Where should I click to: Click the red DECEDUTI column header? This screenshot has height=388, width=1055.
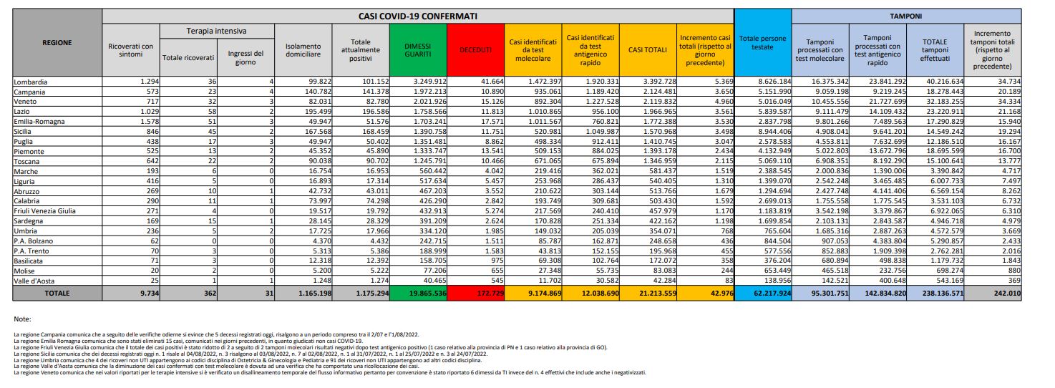[x=475, y=50]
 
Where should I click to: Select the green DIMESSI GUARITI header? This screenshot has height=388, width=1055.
[x=418, y=50]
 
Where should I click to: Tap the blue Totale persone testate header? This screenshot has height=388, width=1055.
[x=762, y=42]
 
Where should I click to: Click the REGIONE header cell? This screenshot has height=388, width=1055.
[x=57, y=42]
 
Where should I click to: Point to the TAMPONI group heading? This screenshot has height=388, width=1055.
[x=905, y=16]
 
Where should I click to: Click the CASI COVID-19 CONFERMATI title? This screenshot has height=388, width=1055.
[x=418, y=16]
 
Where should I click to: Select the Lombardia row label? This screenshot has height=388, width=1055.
[x=31, y=82]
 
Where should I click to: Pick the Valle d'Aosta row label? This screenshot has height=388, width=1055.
[x=34, y=281]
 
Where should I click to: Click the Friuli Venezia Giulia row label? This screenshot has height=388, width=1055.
[x=45, y=211]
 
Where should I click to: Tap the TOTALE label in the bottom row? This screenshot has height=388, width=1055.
[x=57, y=293]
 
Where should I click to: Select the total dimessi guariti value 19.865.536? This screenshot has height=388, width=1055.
[x=427, y=293]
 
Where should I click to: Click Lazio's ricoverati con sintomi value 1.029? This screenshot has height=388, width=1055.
[x=150, y=112]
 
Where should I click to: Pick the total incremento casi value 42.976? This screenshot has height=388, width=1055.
[x=721, y=293]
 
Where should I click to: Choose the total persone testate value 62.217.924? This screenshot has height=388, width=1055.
[x=772, y=293]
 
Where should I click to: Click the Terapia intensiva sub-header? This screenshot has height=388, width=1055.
[x=217, y=31]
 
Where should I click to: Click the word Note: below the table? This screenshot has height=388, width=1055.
[x=23, y=319]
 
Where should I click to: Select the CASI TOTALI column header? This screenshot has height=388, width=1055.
[x=647, y=50]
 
